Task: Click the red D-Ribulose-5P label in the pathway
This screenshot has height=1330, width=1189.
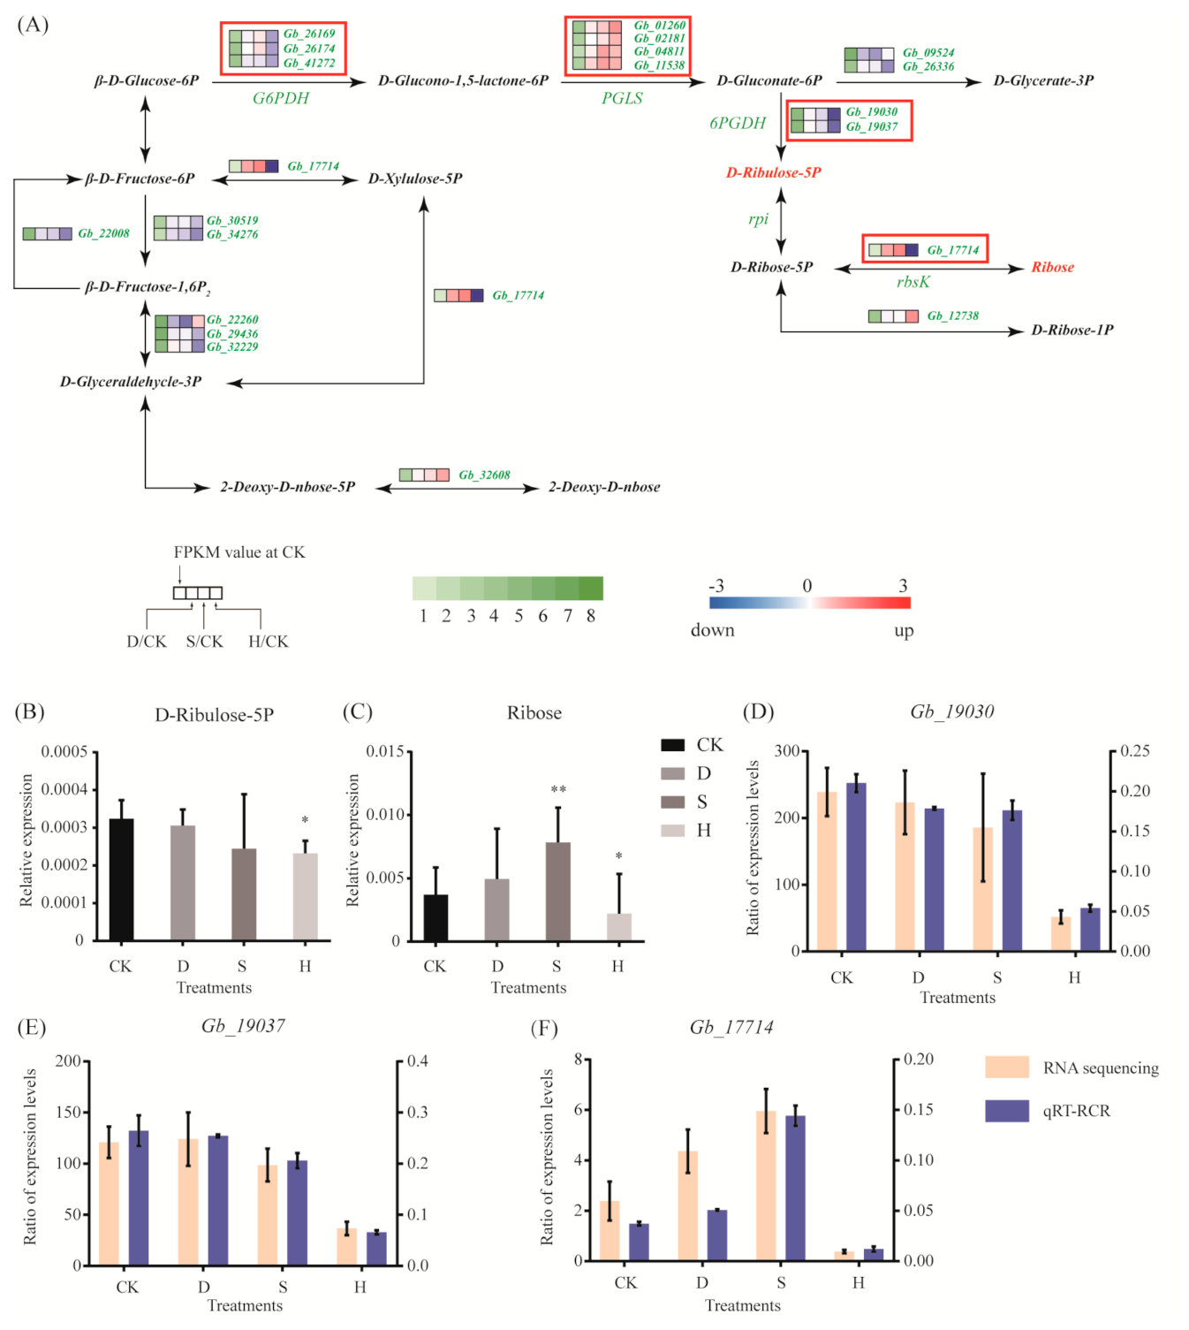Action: (773, 173)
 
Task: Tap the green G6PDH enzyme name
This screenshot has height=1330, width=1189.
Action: (281, 98)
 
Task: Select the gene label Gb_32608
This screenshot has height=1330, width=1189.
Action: (484, 475)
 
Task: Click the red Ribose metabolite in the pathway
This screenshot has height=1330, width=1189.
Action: (1052, 268)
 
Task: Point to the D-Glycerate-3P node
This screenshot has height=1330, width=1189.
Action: (1043, 81)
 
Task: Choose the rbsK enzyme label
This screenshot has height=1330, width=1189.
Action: (913, 282)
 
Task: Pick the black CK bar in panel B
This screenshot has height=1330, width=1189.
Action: (121, 879)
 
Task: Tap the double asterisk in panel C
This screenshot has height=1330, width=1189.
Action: (558, 789)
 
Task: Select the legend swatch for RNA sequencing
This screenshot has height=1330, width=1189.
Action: (1006, 1068)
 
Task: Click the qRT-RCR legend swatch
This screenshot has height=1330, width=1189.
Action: (1006, 1111)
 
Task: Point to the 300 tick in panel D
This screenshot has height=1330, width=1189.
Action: (786, 751)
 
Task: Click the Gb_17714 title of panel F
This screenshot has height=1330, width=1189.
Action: (731, 1027)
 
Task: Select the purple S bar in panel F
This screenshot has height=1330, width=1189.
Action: (795, 1188)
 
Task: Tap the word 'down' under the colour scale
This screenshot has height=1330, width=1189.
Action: (712, 630)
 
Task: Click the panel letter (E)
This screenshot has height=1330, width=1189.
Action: (31, 1027)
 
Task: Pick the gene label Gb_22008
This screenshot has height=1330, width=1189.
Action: (103, 234)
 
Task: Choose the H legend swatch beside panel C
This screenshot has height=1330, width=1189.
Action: (672, 830)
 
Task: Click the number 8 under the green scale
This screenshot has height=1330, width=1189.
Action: (591, 616)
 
